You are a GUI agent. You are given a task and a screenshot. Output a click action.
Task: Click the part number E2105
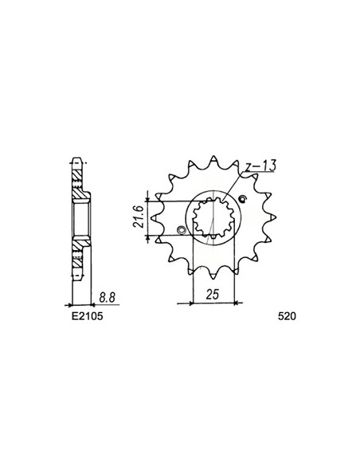pyautogui.click(x=87, y=317)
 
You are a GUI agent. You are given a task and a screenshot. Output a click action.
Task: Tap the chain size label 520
pyautogui.click(x=287, y=317)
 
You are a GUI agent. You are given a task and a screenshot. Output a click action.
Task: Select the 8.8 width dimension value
pyautogui.click(x=108, y=298)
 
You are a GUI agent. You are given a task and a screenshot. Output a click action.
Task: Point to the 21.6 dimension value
pyautogui.click(x=139, y=217)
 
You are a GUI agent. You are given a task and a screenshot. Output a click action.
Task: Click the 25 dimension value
pyautogui.click(x=213, y=295)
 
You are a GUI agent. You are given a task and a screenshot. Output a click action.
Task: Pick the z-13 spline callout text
pyautogui.click(x=260, y=166)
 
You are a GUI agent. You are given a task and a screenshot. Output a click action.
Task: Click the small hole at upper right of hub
pyautogui.click(x=244, y=198)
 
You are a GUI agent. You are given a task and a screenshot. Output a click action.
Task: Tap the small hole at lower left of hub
pyautogui.click(x=181, y=230)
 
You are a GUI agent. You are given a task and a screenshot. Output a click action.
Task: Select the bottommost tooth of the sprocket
pyautogui.click(x=213, y=276)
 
